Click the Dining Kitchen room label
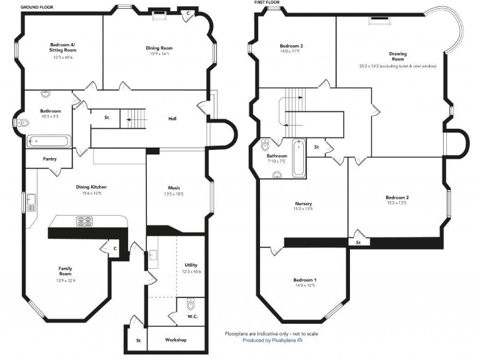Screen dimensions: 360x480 click(x=91, y=187)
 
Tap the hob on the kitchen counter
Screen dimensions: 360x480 click(x=85, y=221)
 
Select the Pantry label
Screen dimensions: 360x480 click(x=50, y=159)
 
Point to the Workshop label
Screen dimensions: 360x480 click(x=176, y=340)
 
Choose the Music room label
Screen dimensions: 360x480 click(x=174, y=187)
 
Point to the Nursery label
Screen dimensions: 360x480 click(x=304, y=204)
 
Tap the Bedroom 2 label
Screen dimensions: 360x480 click(x=397, y=197)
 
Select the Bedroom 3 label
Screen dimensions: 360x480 click(x=291, y=46)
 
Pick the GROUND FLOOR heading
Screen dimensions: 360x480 click(x=36, y=6)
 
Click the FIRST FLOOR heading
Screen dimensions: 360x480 click(x=267, y=2)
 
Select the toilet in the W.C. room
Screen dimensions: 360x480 click(x=191, y=306)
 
